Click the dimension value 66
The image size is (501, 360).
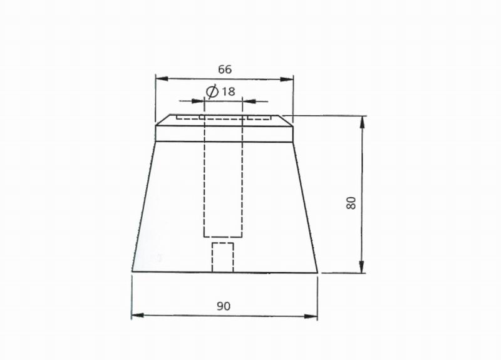click(225, 69)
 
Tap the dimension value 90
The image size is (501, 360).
click(224, 306)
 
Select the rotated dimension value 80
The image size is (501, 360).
click(351, 203)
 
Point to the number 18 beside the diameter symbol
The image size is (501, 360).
click(229, 91)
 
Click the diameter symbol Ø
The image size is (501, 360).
click(212, 91)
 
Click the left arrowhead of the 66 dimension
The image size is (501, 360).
click(162, 79)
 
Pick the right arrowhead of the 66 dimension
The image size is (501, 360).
click(287, 79)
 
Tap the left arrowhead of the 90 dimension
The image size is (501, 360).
click(138, 316)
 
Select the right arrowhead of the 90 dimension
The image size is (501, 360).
click(311, 316)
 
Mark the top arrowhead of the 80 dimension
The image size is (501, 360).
click(362, 122)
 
